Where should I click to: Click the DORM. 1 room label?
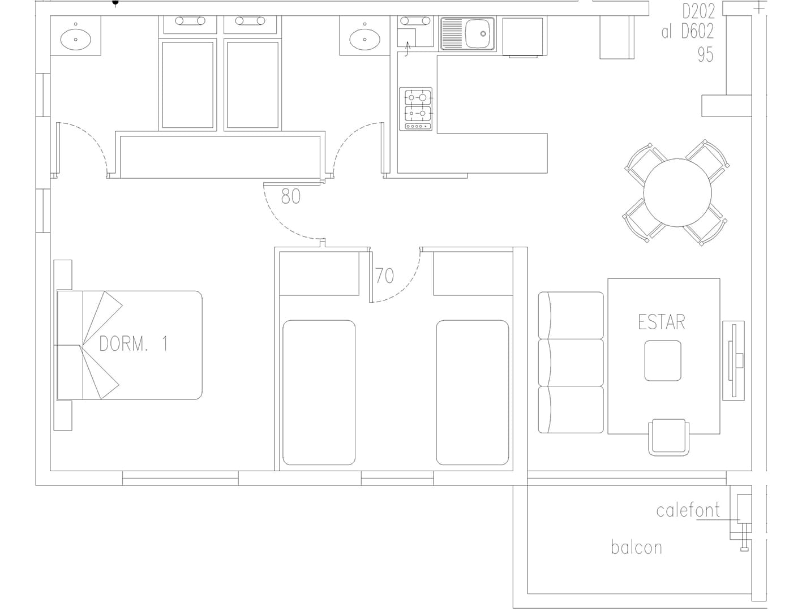(134, 343)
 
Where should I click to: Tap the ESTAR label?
(661, 322)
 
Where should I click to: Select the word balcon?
(636, 548)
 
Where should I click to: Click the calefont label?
(688, 510)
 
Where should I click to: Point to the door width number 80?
(291, 196)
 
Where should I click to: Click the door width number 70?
(385, 276)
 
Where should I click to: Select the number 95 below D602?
(705, 55)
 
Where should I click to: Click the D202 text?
(698, 11)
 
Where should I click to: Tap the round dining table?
(677, 192)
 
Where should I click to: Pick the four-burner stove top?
(416, 109)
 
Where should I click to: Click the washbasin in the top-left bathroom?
(76, 39)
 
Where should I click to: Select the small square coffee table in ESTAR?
(662, 361)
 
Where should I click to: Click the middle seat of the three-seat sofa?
(571, 363)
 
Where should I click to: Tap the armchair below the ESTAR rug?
(668, 437)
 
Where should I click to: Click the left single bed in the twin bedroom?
(319, 393)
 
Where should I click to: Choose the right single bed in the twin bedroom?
(472, 393)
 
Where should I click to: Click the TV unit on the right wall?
(734, 360)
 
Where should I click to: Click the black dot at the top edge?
(115, 2)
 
